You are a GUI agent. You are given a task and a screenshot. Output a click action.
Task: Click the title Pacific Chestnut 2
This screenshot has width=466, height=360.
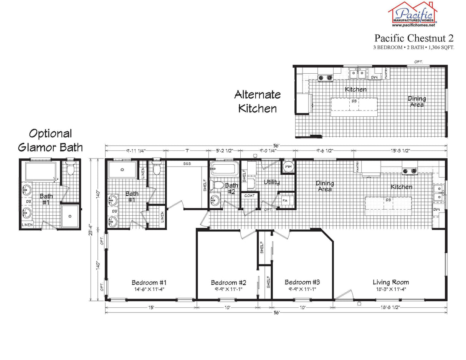coord(414,38)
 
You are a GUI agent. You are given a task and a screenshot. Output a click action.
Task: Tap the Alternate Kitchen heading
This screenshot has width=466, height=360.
coord(258,101)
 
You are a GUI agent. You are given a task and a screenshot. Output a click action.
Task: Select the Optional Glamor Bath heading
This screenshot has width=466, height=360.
coord(51,140)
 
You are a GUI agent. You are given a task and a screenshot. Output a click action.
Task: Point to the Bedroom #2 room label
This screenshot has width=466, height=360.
coord(228,282)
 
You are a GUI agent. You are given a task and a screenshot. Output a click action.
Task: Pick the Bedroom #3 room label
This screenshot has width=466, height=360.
coord(302,282)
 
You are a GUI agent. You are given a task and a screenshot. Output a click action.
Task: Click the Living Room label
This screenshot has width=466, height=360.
coord(390,282)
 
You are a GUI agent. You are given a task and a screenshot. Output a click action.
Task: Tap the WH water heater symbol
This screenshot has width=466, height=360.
coord(288,167)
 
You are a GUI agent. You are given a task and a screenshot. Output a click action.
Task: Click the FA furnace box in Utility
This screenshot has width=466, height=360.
coord(285,200)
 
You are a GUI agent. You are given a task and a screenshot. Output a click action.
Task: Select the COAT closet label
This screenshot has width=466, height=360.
coord(249,196)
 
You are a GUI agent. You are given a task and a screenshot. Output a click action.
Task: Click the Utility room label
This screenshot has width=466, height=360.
coord(271,182)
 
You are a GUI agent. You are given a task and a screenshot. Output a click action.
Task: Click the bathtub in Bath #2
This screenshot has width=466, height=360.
coord(224,168)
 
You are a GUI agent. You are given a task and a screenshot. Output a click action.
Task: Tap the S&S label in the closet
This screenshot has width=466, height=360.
coord(187,164)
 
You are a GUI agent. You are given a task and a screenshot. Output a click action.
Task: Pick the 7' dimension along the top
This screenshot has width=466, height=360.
coord(187,151)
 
